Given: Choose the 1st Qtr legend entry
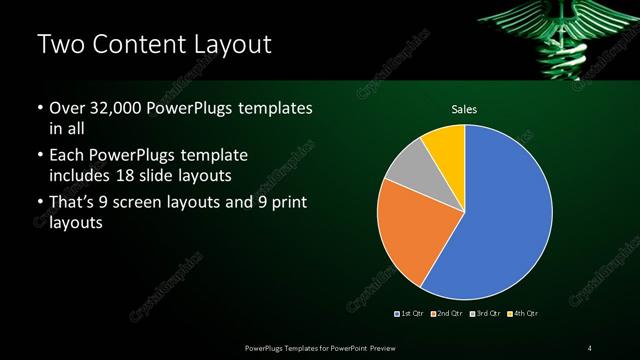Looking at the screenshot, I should [411, 314].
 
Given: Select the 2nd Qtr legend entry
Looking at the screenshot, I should [446, 314].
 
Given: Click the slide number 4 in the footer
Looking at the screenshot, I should [590, 347].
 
